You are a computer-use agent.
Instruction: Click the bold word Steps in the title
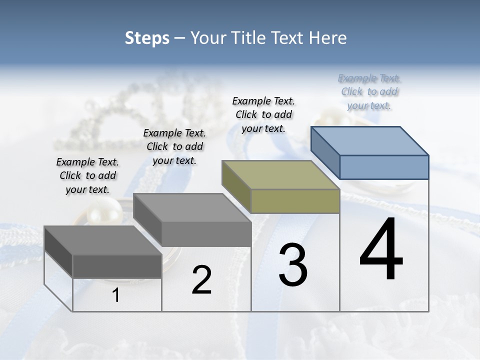pyautogui.click(x=147, y=38)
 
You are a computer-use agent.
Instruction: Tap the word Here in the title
pyautogui.click(x=327, y=38)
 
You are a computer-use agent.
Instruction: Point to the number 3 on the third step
pyautogui.click(x=293, y=265)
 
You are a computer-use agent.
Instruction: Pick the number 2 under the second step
pyautogui.click(x=201, y=280)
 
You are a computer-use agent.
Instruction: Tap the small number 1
pyautogui.click(x=116, y=295)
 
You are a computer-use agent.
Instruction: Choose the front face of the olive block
pyautogui.click(x=295, y=201)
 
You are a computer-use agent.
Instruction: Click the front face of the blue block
pyautogui.click(x=384, y=167)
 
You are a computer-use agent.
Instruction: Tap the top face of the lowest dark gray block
pyautogui.click(x=103, y=240)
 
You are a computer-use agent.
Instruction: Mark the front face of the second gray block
pyautogui.click(x=206, y=234)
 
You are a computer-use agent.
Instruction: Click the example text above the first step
pyautogui.click(x=87, y=175)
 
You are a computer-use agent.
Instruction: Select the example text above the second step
pyautogui.click(x=174, y=146)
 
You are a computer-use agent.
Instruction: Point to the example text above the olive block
pyautogui.click(x=263, y=114)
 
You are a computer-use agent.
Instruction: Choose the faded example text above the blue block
pyautogui.click(x=369, y=91)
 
